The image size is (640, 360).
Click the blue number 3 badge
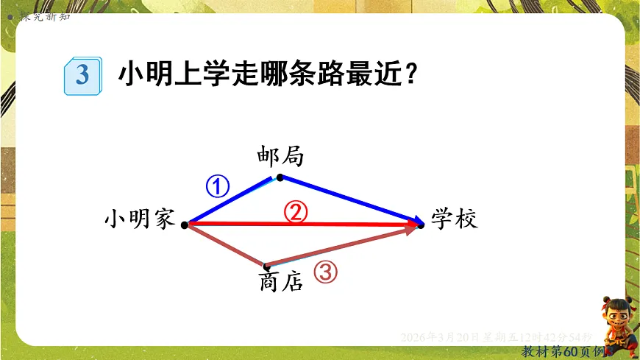click(82, 74)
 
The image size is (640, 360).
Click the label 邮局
click(280, 156)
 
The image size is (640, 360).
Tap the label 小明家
click(139, 219)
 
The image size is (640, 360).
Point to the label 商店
click(281, 282)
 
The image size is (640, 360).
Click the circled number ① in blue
click(218, 187)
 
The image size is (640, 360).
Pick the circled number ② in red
click(296, 212)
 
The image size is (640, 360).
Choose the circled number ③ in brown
click(326, 272)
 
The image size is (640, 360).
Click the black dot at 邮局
click(280, 177)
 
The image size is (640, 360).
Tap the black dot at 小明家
click(184, 223)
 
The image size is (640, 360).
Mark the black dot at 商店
click(266, 266)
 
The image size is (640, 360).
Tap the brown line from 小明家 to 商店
click(225, 244)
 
